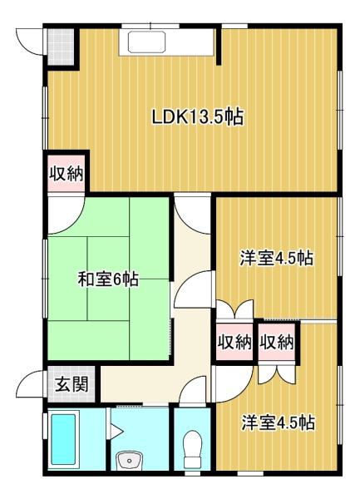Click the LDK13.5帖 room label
tap(196, 117)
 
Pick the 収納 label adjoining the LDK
tap(64, 175)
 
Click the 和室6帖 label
tap(108, 279)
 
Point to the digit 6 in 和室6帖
tap(119, 279)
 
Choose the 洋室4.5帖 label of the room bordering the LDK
tap(278, 259)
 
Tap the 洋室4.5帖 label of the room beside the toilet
tap(278, 422)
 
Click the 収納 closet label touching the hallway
tap(234, 342)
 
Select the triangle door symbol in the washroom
tap(116, 430)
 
